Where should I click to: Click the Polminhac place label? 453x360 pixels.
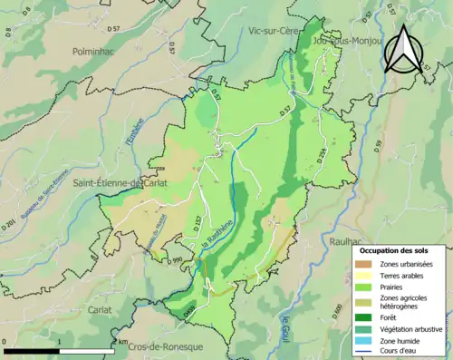click(95, 54)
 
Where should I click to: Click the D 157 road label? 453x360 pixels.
click(193, 221)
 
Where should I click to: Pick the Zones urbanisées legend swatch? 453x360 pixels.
click(367, 264)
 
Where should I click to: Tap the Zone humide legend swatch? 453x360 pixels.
click(367, 341)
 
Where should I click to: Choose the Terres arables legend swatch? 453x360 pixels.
click(367, 276)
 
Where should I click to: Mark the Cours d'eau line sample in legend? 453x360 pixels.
click(367, 354)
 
